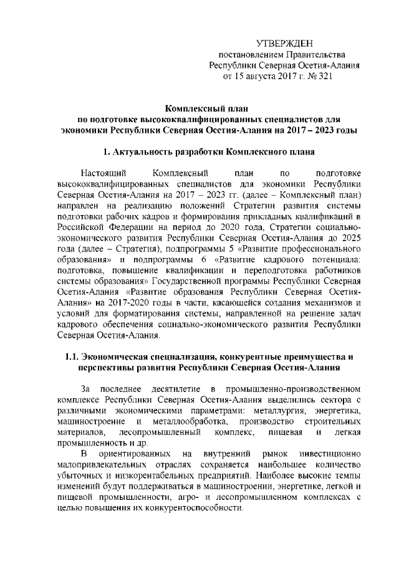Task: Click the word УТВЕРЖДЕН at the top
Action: coord(284,42)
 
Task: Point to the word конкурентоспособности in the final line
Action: coord(185,510)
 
